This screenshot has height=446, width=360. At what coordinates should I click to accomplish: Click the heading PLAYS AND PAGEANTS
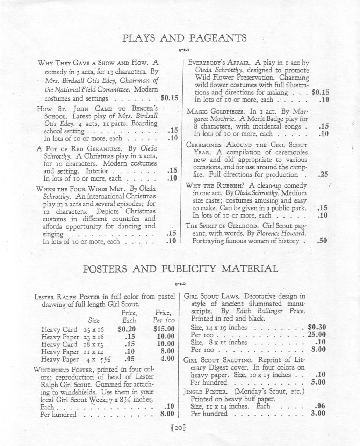(x=183, y=38)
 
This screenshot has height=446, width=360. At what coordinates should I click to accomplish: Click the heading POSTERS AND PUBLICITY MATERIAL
(x=180, y=269)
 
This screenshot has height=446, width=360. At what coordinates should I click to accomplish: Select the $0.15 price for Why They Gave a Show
(x=169, y=98)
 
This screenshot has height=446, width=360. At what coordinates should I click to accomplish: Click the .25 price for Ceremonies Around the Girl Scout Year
(x=323, y=175)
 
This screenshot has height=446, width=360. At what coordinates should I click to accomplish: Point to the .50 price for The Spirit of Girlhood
(x=323, y=241)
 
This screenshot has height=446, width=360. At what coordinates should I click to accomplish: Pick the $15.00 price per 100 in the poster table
(x=164, y=329)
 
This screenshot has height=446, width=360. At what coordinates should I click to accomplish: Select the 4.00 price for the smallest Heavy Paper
(x=167, y=358)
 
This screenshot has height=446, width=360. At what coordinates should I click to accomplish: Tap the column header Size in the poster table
(x=94, y=320)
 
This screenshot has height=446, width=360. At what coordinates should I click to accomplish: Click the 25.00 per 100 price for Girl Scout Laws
(x=318, y=335)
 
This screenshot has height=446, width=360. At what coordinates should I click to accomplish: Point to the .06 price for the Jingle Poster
(x=320, y=406)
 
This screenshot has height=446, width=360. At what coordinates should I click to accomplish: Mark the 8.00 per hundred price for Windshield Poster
(x=167, y=415)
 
